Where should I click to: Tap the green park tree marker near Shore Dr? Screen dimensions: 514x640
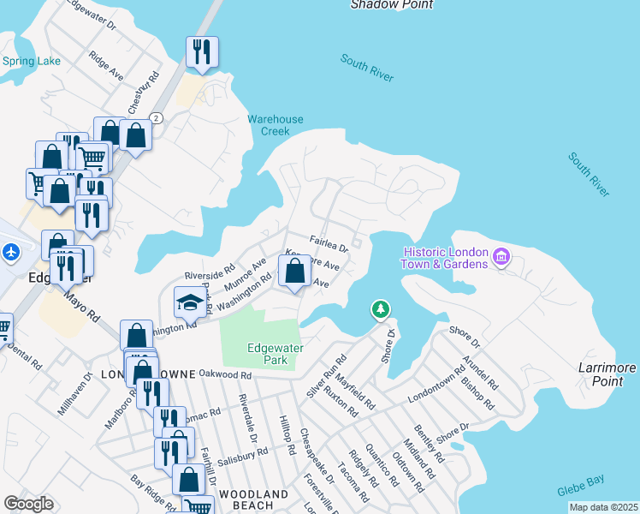[380, 308]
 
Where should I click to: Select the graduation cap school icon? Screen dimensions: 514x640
[189, 302]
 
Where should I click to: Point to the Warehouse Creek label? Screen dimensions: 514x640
[276, 125]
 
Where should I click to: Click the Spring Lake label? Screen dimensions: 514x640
[32, 61]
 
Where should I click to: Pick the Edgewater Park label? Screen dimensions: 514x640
[267, 355]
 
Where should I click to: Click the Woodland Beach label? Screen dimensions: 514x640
[253, 501]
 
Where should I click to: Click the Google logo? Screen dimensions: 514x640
[28, 504]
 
